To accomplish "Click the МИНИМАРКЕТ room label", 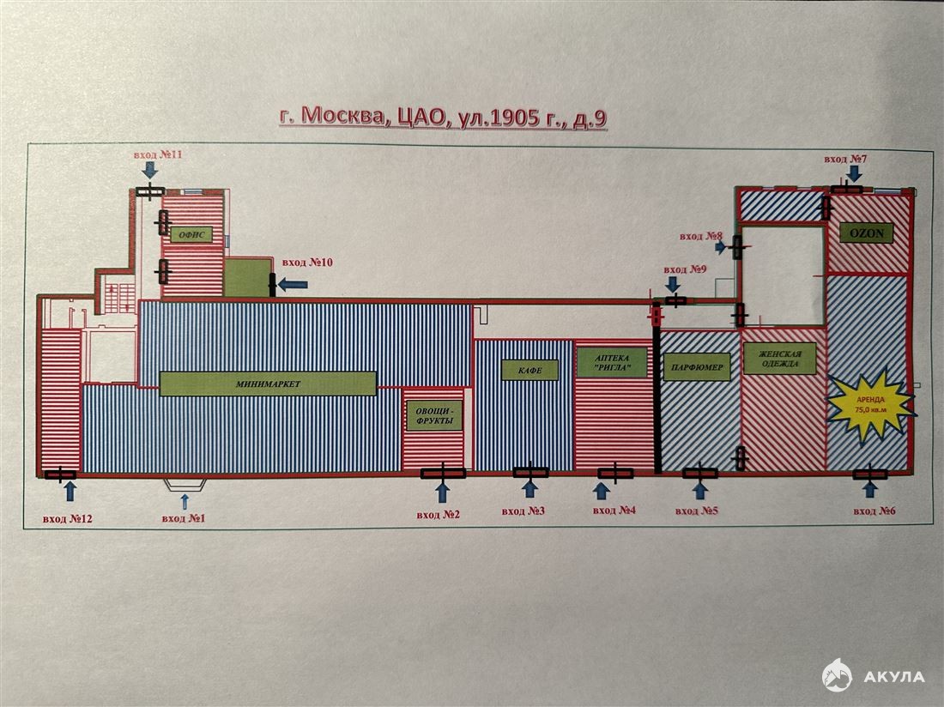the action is (268, 384).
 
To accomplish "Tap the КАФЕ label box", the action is (529, 370).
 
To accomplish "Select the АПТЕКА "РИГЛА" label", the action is (612, 362).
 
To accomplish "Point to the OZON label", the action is (867, 233).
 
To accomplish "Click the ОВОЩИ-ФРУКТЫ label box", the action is (434, 416).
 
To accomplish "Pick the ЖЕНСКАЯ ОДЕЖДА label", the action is (779, 359).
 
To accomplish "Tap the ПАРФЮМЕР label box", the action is (697, 367).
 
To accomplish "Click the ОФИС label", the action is (191, 234).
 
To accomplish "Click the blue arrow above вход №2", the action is (443, 492).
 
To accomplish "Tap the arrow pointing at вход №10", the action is (293, 283).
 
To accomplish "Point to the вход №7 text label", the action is (845, 159).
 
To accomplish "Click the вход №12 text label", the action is (68, 519).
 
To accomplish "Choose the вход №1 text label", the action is (184, 517).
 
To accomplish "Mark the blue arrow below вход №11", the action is (150, 169).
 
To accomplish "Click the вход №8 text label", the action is (701, 237).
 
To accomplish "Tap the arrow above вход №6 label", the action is (869, 489).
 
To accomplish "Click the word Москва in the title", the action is (342, 115).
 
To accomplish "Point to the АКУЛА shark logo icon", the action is (838, 675).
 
